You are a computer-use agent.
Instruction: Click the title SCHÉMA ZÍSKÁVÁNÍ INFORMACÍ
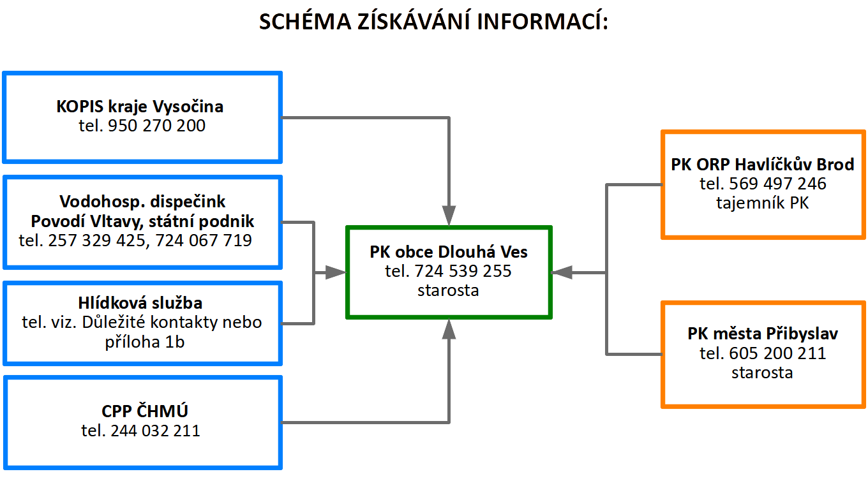pyautogui.click(x=433, y=22)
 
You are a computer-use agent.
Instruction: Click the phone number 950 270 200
pyautogui.click(x=157, y=126)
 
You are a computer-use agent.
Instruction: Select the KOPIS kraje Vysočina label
pyautogui.click(x=140, y=106)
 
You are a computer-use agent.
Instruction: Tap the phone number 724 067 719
pyautogui.click(x=204, y=240)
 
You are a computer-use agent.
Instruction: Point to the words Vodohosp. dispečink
pyautogui.click(x=142, y=202)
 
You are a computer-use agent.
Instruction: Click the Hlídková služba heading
pyautogui.click(x=142, y=303)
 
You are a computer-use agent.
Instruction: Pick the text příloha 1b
pyautogui.click(x=145, y=342)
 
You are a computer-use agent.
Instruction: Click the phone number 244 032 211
pyautogui.click(x=155, y=431)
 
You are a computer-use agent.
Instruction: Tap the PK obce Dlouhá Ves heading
pyautogui.click(x=449, y=252)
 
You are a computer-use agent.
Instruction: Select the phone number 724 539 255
pyautogui.click(x=463, y=271)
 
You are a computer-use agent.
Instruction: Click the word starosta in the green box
pyautogui.click(x=449, y=290)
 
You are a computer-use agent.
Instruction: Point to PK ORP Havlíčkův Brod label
pyautogui.click(x=763, y=165)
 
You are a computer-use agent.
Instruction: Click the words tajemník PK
pyautogui.click(x=763, y=203)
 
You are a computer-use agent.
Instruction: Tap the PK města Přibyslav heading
pyautogui.click(x=763, y=334)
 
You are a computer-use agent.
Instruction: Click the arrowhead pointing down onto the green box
pyautogui.click(x=449, y=216)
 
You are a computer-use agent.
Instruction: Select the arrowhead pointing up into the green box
pyautogui.click(x=449, y=329)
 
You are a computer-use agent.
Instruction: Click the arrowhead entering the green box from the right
pyautogui.click(x=562, y=273)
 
